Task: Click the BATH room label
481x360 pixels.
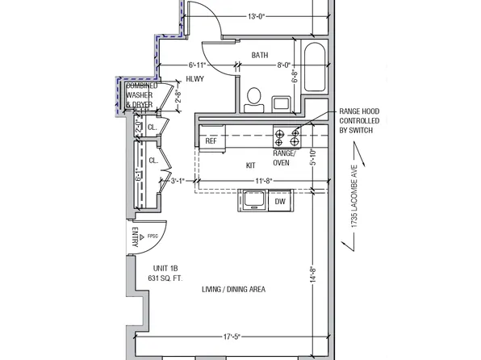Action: pos(259,56)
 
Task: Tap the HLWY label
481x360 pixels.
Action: pos(194,78)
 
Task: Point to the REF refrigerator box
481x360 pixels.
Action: pos(211,141)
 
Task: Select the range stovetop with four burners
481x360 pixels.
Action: pos(286,136)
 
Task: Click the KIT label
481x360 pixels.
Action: pos(251,165)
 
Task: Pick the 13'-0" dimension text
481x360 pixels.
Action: pos(257,15)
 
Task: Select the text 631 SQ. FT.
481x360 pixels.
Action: pos(165,278)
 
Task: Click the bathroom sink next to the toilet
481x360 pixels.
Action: pos(282,103)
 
